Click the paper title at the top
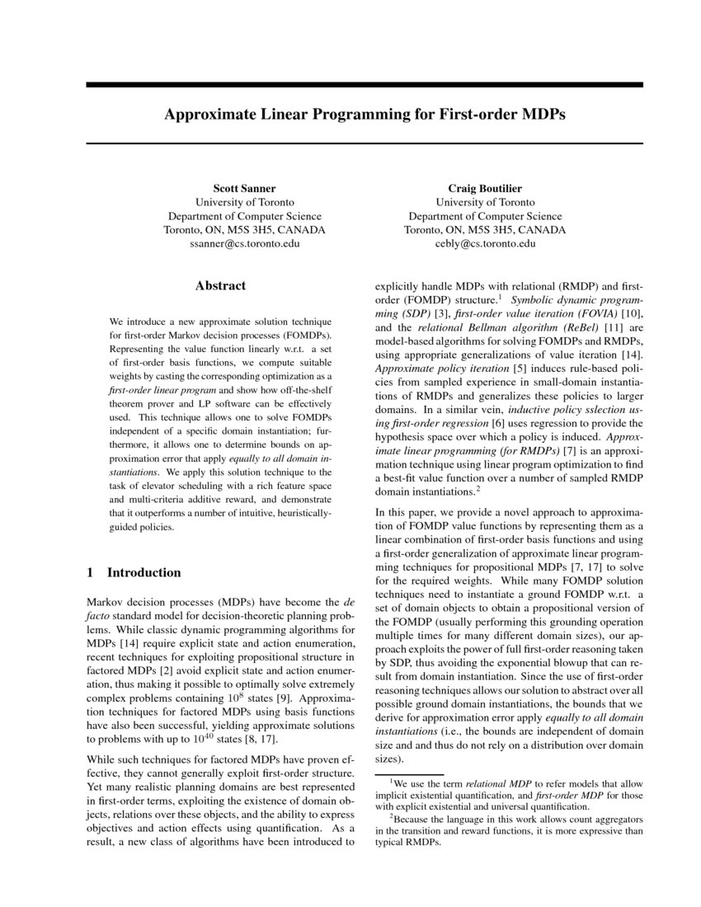[x=365, y=114]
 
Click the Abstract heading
[x=220, y=286]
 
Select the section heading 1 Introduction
[x=134, y=572]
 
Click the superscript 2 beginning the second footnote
[x=390, y=816]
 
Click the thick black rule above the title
[x=365, y=85]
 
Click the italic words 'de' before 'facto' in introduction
[x=348, y=601]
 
